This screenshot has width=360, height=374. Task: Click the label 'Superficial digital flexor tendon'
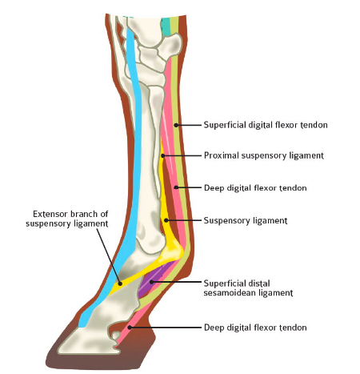(266, 125)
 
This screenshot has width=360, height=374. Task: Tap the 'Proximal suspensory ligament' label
(264, 155)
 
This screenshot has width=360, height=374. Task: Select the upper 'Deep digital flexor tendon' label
(255, 188)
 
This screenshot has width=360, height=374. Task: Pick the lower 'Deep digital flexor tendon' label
(255, 328)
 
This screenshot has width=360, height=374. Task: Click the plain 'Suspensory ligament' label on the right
(246, 220)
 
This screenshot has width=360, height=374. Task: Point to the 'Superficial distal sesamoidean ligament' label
(248, 288)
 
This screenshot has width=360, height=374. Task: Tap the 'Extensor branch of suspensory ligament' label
(67, 219)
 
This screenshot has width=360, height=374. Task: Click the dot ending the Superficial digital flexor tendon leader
(176, 125)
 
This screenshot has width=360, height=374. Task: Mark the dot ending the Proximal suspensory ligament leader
(162, 155)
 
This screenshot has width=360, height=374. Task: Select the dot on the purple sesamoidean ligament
(151, 282)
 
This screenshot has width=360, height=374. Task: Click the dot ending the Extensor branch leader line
(120, 284)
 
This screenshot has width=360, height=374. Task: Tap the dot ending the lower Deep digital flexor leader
(130, 328)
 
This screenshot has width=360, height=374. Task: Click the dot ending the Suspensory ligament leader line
(166, 220)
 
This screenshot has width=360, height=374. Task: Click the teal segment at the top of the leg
(166, 26)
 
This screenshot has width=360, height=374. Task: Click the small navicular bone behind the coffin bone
(116, 336)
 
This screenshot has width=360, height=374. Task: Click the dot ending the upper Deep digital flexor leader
(176, 187)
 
